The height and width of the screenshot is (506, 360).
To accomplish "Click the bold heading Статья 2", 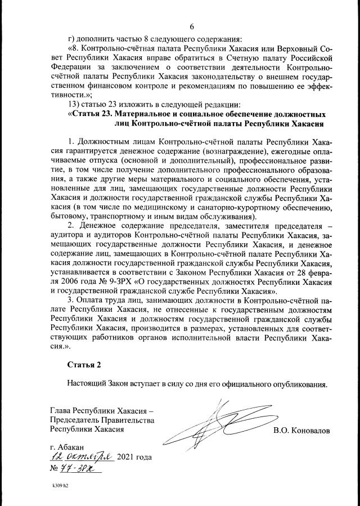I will [84, 364].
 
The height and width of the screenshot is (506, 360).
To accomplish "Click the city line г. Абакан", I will [67, 447].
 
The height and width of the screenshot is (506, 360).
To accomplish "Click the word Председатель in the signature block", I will [76, 419].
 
